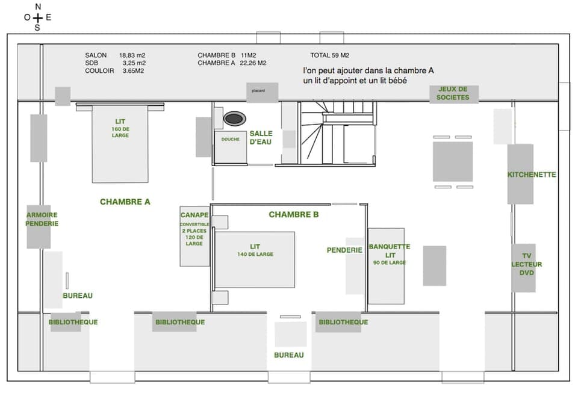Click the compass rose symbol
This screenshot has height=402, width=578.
37,17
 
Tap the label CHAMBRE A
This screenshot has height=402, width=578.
125,202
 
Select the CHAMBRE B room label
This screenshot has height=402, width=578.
294,214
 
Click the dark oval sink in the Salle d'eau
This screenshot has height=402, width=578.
234,119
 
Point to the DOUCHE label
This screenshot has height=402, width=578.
230,140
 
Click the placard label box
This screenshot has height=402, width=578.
262,92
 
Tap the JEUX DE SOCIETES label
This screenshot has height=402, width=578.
453,93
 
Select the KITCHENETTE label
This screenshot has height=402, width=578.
532,175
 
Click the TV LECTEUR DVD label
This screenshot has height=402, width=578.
527,264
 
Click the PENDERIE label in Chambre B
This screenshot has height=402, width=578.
344,250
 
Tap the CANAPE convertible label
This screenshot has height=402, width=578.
194,229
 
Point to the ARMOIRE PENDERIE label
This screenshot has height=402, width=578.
42,219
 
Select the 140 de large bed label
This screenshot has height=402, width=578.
255,250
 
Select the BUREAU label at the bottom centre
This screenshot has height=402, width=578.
289,355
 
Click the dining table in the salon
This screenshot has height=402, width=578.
453,161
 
